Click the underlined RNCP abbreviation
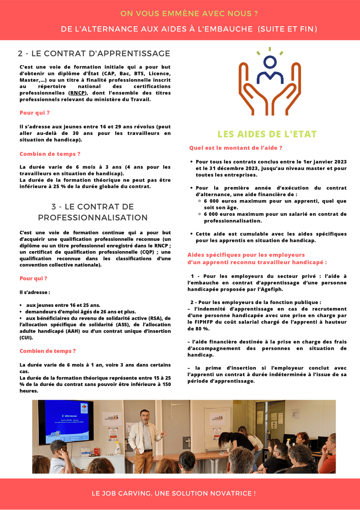click(x=77, y=93)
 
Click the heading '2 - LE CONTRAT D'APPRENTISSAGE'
click(x=94, y=54)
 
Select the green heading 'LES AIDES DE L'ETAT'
click(x=267, y=134)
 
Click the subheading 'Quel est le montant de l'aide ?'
click(x=236, y=148)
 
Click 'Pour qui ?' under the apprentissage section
click(x=35, y=113)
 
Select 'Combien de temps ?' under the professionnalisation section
click(x=47, y=351)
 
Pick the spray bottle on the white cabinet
click(x=117, y=447)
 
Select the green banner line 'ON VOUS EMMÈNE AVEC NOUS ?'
click(x=189, y=14)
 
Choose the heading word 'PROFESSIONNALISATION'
click(x=93, y=217)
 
